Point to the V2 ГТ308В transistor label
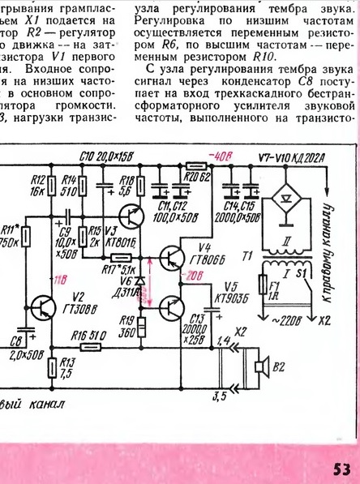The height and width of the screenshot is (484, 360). click(77, 301)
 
